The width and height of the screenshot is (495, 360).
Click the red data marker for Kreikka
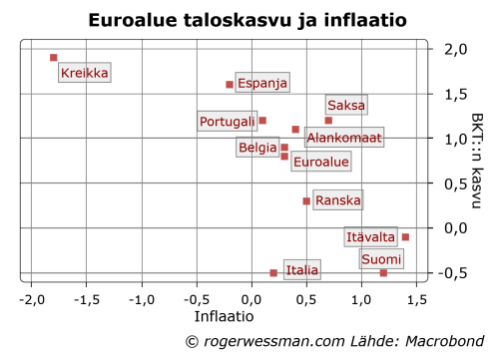(x=53, y=58)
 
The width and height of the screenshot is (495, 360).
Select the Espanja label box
(x=262, y=84)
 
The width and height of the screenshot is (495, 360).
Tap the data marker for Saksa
(x=328, y=121)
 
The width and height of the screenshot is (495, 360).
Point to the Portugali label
(x=227, y=121)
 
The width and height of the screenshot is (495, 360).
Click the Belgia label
(x=257, y=148)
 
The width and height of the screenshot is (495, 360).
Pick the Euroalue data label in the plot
(x=320, y=161)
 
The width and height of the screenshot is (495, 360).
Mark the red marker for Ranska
(x=306, y=200)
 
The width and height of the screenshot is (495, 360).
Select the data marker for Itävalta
(x=405, y=236)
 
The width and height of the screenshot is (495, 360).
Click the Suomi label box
(x=382, y=259)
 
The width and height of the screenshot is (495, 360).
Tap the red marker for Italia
(x=273, y=272)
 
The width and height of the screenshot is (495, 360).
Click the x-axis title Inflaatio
(x=223, y=316)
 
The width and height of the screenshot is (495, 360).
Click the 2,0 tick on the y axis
(x=454, y=50)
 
